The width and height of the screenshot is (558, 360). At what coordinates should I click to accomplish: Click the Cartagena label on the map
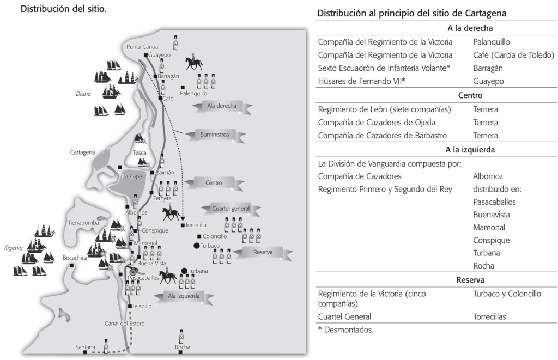coord(83,152)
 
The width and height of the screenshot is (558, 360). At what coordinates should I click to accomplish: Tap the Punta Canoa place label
coord(142,47)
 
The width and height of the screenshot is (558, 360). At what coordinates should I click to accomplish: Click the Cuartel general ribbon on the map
coord(233,209)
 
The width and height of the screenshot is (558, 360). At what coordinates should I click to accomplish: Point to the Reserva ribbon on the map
coord(263,252)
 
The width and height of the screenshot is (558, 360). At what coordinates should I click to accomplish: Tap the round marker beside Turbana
coord(185,271)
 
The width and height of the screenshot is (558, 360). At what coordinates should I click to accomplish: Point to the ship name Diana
coord(83,94)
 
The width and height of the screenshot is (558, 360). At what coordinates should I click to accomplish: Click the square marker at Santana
coord(84,352)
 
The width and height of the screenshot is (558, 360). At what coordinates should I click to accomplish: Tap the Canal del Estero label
coord(125,324)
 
